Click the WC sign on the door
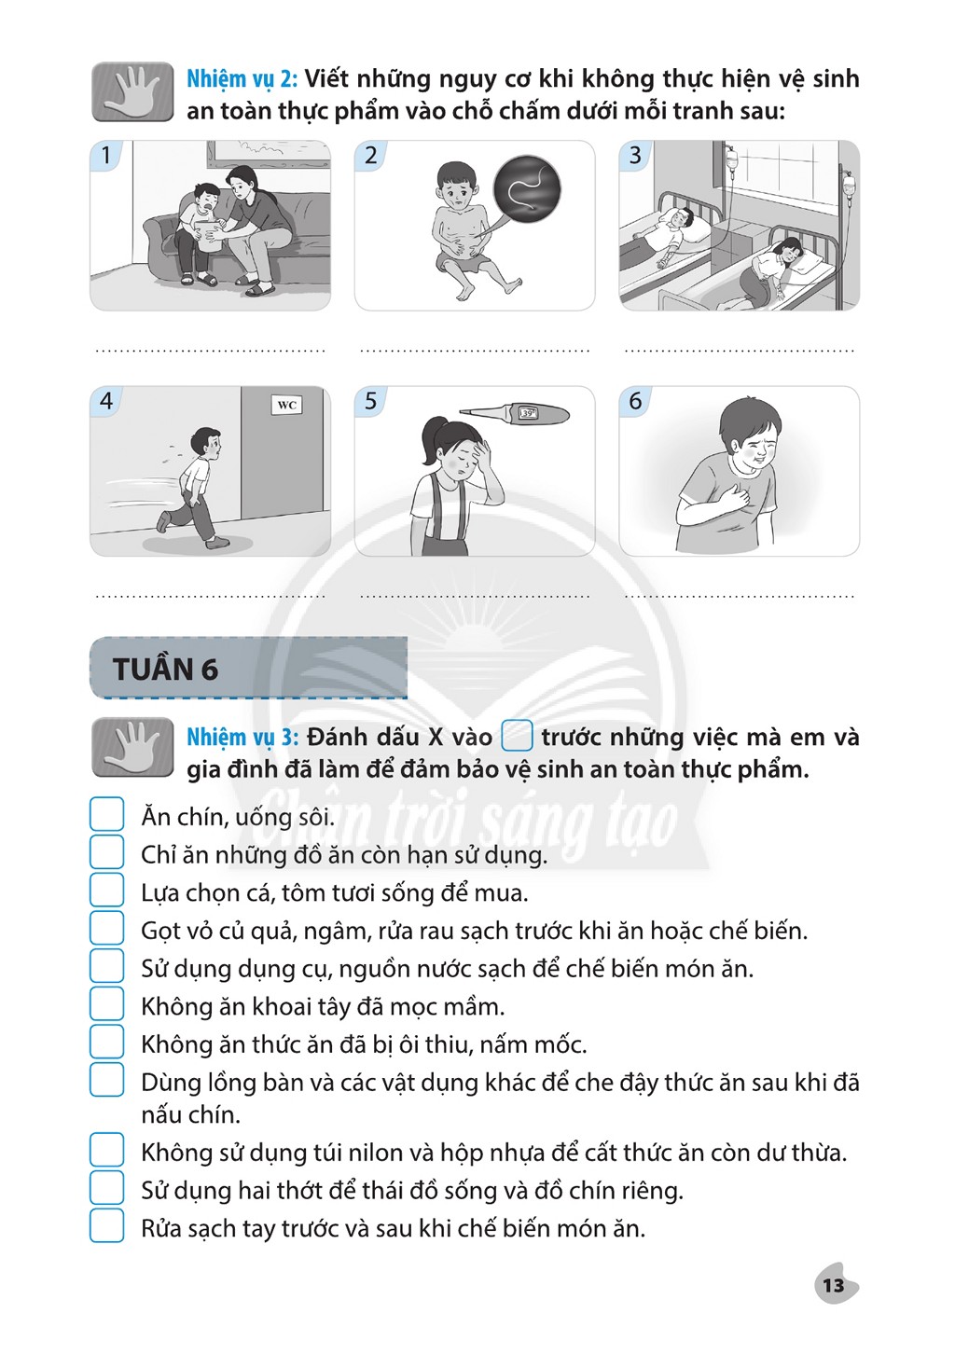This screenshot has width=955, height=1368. tap(287, 405)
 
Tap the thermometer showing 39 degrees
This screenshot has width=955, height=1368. tap(515, 413)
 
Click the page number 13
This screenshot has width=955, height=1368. tap(834, 1286)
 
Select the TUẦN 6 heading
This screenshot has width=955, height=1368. tap(165, 670)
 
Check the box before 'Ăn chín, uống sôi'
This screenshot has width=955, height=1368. tap(107, 814)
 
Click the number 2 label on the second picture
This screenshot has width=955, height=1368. tap(370, 156)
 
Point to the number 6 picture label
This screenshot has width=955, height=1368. tap(635, 401)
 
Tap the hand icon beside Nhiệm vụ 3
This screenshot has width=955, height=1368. tap(133, 747)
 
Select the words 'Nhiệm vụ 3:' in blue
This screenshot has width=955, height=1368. tap(242, 737)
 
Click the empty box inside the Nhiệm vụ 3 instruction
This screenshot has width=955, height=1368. tap(517, 736)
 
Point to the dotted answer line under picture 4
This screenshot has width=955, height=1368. tap(211, 596)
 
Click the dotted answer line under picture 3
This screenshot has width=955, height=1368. tap(740, 351)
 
